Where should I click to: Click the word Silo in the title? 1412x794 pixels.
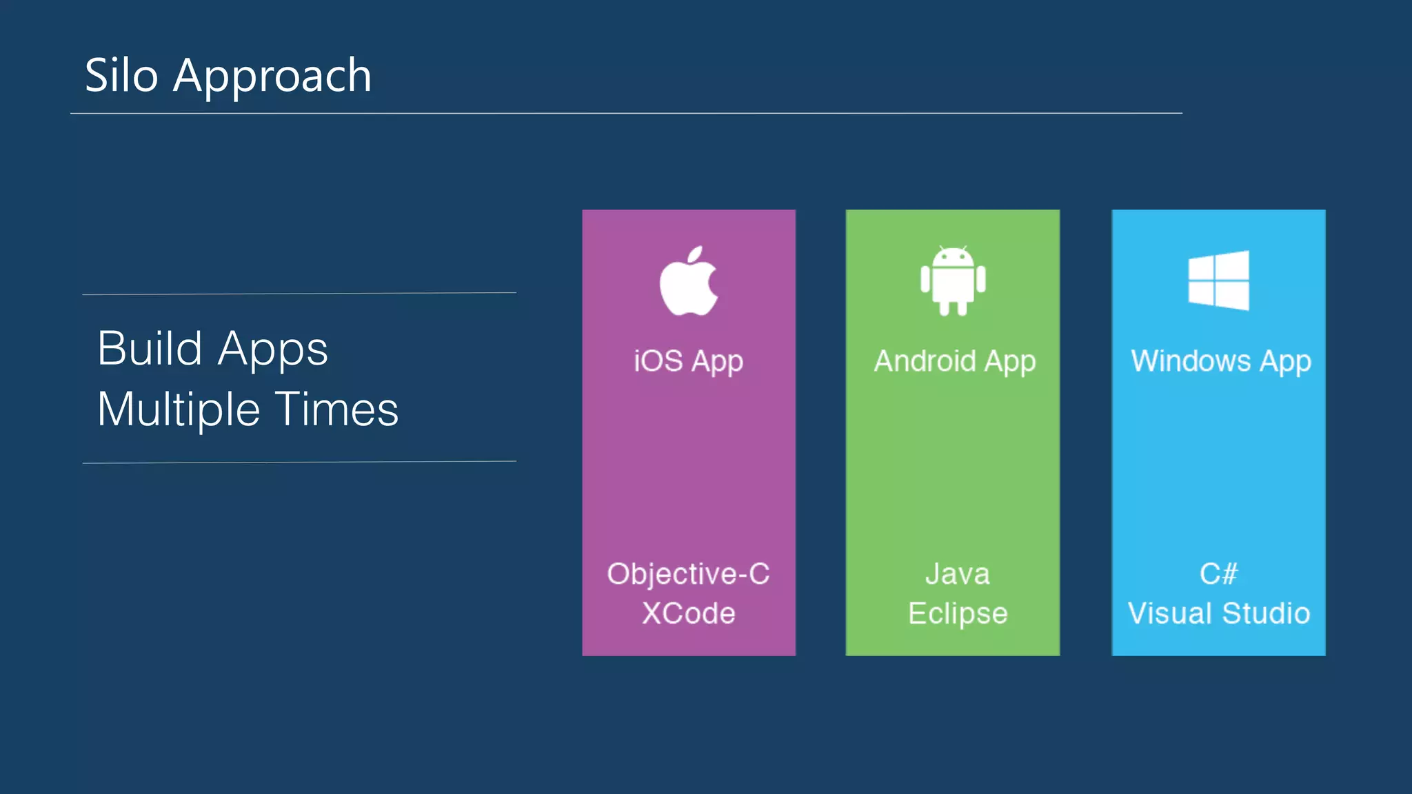pyautogui.click(x=121, y=75)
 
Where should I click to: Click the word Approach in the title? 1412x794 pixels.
pyautogui.click(x=272, y=77)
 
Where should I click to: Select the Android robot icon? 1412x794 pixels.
pyautogui.click(x=953, y=281)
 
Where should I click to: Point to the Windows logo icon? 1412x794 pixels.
pyautogui.click(x=1218, y=280)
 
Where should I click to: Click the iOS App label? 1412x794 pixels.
pyautogui.click(x=688, y=361)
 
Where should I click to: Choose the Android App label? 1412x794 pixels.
pyautogui.click(x=954, y=361)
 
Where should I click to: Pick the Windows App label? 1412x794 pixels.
pyautogui.click(x=1220, y=361)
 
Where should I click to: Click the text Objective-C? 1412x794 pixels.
pyautogui.click(x=688, y=574)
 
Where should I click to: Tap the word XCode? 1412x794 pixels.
pyautogui.click(x=688, y=613)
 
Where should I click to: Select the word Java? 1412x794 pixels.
pyautogui.click(x=957, y=574)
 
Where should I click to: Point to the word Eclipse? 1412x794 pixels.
pyautogui.click(x=957, y=613)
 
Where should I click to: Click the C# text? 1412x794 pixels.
pyautogui.click(x=1218, y=574)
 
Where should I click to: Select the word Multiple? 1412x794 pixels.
pyautogui.click(x=179, y=409)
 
